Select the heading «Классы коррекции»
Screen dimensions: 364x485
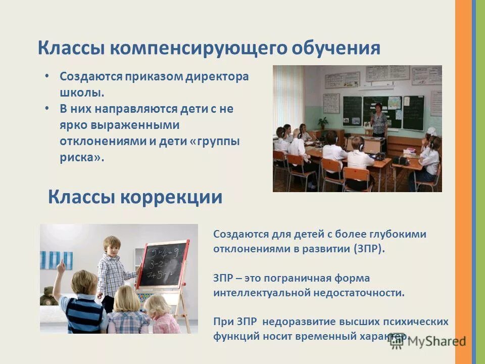(135, 197)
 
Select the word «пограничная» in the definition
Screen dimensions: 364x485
(300, 278)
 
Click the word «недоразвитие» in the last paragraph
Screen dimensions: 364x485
(287, 322)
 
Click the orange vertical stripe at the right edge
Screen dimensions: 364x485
(463, 182)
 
